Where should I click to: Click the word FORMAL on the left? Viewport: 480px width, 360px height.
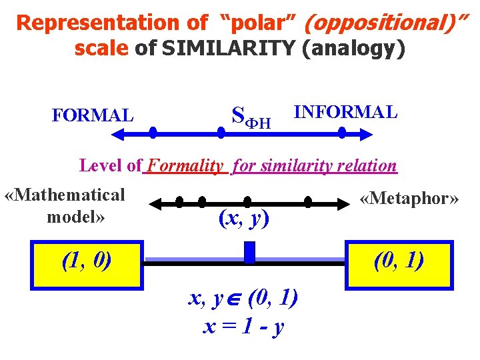(x=93, y=115)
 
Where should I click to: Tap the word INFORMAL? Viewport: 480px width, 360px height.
(x=345, y=112)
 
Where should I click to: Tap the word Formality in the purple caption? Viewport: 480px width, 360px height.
(x=185, y=165)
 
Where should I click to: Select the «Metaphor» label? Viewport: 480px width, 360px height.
(x=409, y=199)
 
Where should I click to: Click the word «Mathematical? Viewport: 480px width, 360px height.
(x=65, y=195)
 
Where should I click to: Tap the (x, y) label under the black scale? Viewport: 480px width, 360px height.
(x=244, y=218)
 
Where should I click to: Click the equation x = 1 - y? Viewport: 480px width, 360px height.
(x=243, y=326)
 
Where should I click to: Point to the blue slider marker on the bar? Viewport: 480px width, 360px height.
(x=250, y=252)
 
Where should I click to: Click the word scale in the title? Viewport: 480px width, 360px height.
(x=102, y=49)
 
